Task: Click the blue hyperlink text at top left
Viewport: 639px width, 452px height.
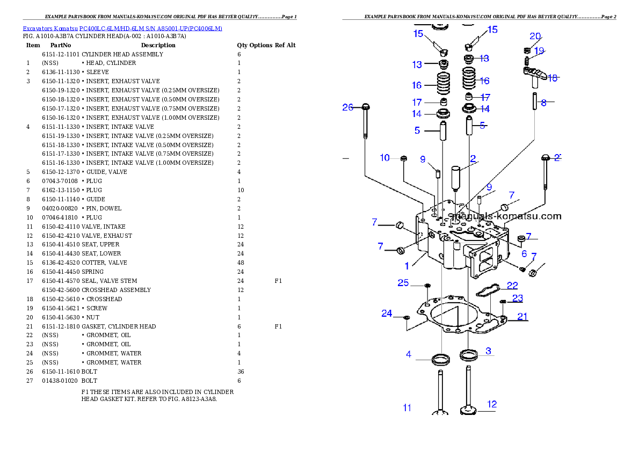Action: [122, 28]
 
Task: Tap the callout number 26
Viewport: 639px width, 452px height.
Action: [348, 107]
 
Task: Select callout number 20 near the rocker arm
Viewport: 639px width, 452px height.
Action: [535, 37]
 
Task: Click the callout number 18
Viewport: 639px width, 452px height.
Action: [552, 78]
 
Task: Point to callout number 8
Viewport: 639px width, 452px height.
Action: [543, 102]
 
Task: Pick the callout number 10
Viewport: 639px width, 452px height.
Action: [384, 158]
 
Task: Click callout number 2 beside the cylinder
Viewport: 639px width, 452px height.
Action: [473, 159]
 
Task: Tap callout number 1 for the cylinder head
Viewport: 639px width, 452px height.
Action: [407, 265]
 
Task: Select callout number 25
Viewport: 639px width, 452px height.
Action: [403, 283]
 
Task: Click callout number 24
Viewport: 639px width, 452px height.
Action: [387, 314]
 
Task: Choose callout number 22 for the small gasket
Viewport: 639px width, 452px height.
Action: [512, 285]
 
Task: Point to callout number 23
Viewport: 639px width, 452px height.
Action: [517, 298]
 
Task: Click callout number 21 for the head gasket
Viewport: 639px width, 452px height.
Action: [522, 316]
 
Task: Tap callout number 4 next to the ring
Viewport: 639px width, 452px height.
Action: [409, 354]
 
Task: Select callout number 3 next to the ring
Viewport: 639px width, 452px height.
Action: [488, 351]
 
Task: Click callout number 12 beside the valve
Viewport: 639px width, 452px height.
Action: [491, 404]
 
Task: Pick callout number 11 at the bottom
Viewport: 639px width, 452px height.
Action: [407, 408]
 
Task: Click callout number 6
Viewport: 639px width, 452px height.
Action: [524, 253]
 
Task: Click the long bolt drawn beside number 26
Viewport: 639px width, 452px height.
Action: [365, 123]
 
